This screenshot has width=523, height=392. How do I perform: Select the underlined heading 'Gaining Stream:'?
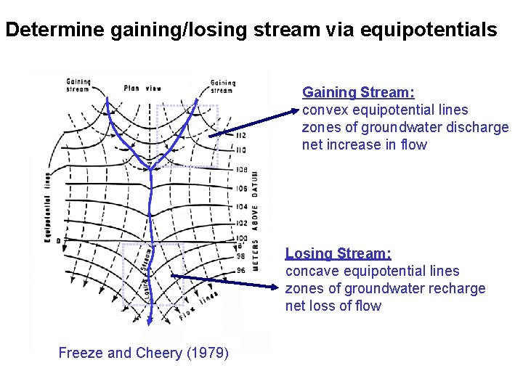(x=358, y=92)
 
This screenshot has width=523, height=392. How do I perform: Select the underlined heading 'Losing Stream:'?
(x=338, y=253)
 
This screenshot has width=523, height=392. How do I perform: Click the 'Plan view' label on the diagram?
(x=142, y=89)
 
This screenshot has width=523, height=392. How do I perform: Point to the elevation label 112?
(x=241, y=136)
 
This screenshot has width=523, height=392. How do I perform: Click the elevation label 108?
(x=241, y=170)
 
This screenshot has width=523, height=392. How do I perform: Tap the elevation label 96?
(x=241, y=271)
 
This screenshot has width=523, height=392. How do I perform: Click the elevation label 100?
(x=241, y=238)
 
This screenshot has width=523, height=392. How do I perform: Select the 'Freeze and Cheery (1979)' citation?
(x=143, y=354)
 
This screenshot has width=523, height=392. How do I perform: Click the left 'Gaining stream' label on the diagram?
(x=78, y=86)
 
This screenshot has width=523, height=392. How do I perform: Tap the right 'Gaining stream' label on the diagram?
(x=222, y=86)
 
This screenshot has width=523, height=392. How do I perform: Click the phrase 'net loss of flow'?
(x=333, y=306)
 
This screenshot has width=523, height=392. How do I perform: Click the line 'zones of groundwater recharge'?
(x=385, y=288)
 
